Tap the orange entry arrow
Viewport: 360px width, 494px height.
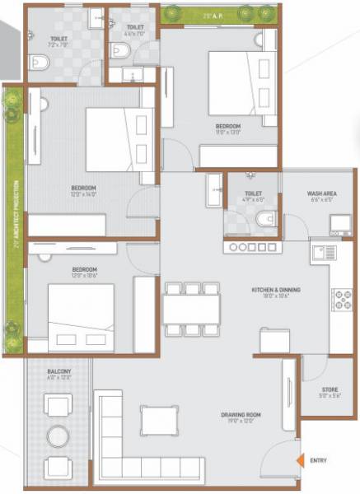302,460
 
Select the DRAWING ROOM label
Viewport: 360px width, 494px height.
241,416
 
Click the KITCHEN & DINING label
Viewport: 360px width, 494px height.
275,291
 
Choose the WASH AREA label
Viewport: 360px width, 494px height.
321,194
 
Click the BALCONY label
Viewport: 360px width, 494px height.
58,373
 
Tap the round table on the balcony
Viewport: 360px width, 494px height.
58,435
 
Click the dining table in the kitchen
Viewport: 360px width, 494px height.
191,311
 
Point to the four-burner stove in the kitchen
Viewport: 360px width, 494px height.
341,300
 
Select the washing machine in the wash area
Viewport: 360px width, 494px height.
340,223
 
